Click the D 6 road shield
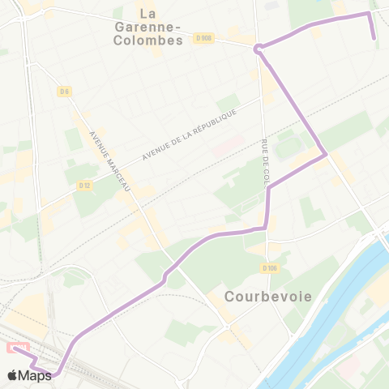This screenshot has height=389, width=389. tap(64, 92)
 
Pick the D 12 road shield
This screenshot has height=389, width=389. tap(84, 186)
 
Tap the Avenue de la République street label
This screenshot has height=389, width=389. tap(188, 134)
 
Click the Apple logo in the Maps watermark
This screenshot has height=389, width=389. tap(12, 375)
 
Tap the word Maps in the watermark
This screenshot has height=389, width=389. tap(35, 375)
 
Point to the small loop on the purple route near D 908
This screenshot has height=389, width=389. tap(258, 49)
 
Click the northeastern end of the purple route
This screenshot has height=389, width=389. tap(374, 38)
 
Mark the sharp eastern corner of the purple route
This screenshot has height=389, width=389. tap(325, 153)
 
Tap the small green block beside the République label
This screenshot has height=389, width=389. tap(228, 104)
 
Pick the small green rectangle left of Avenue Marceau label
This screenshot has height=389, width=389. tap(75, 139)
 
